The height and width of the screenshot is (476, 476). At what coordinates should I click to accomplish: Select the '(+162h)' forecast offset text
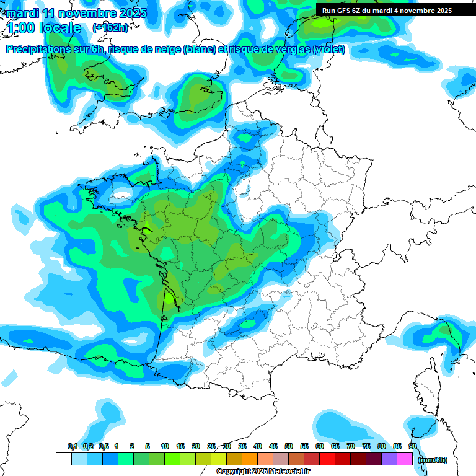[x=110, y=28]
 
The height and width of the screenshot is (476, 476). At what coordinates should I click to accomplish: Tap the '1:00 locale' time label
[x=43, y=29]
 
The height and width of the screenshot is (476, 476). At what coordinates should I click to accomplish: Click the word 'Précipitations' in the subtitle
[x=38, y=50]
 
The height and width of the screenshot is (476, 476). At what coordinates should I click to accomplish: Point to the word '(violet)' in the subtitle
[x=329, y=50]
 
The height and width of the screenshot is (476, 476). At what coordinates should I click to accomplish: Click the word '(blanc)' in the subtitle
[x=198, y=50]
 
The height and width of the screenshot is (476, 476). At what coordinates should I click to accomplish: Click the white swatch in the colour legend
[x=63, y=459]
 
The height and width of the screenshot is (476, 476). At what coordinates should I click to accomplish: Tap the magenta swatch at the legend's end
[x=405, y=459]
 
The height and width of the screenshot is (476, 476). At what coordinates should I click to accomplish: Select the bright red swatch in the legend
[x=327, y=459]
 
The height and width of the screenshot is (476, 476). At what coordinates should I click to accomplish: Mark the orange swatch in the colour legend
[x=250, y=459]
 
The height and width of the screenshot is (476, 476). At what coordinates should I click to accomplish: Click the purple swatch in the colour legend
[x=389, y=459]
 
